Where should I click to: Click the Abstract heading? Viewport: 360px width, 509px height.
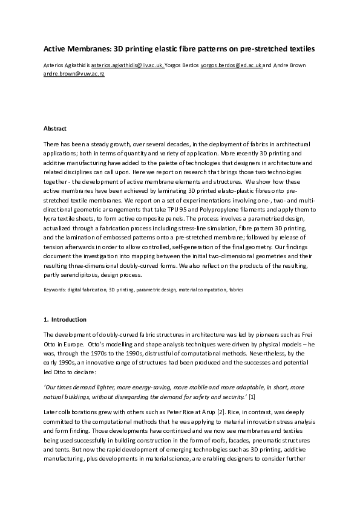tap(55, 129)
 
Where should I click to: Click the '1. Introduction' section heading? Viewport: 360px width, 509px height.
tap(65, 319)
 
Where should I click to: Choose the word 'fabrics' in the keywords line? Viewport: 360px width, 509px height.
tap(237, 290)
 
